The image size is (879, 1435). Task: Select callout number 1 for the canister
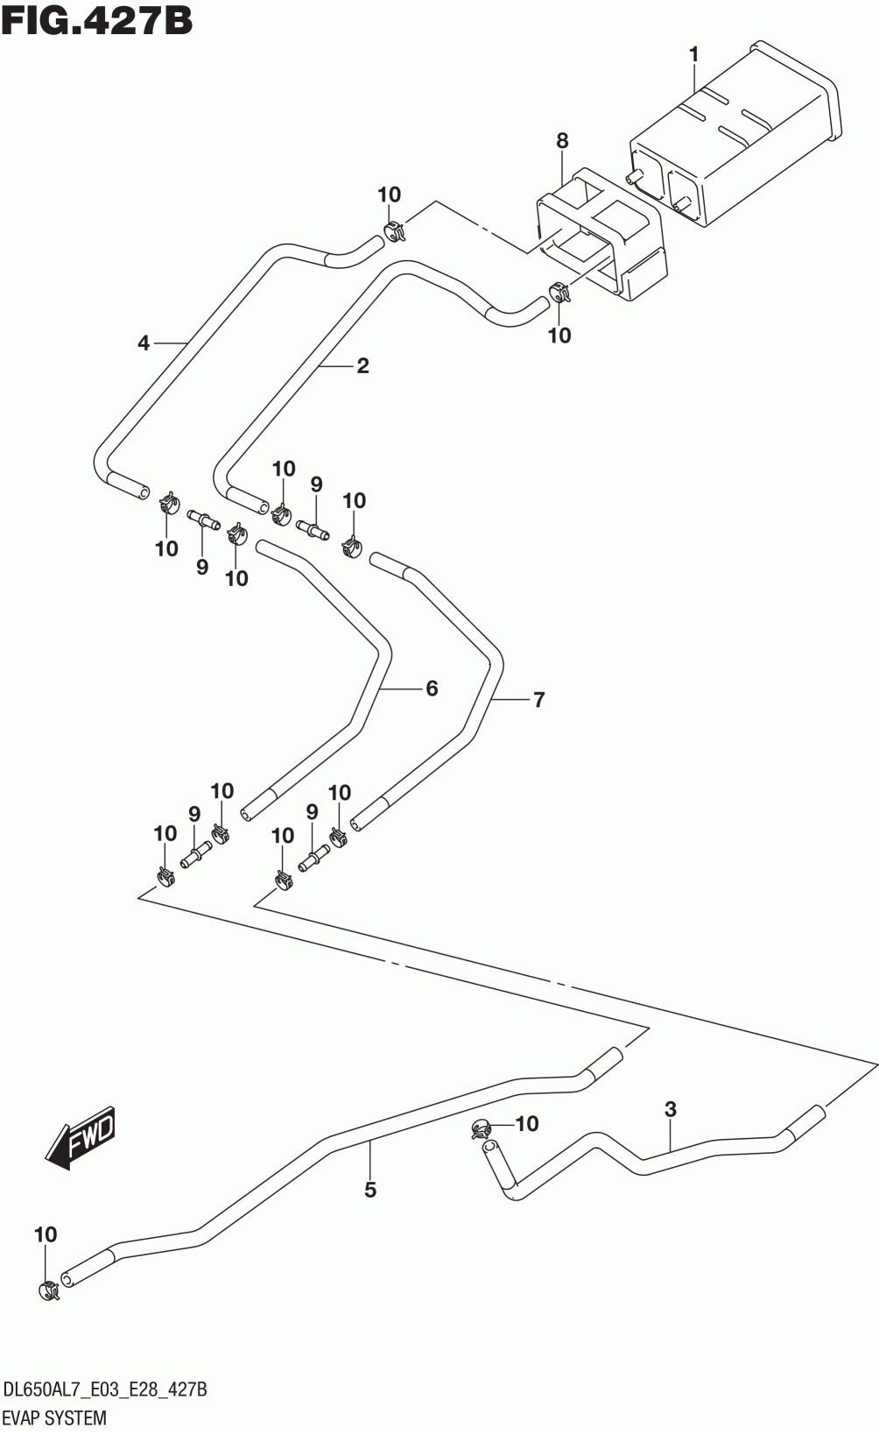pyautogui.click(x=694, y=55)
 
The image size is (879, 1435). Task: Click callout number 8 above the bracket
pyautogui.click(x=562, y=141)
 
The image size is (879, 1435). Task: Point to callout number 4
pyautogui.click(x=144, y=344)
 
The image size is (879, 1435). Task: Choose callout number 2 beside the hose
pyautogui.click(x=363, y=366)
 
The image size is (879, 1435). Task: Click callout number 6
pyautogui.click(x=432, y=689)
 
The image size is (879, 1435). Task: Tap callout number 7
pyautogui.click(x=538, y=700)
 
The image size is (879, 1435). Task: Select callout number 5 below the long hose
pyautogui.click(x=370, y=1191)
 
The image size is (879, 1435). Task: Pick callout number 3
pyautogui.click(x=671, y=1109)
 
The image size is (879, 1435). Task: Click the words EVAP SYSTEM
pyautogui.click(x=55, y=1417)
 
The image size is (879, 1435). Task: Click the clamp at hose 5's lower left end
pyautogui.click(x=49, y=1291)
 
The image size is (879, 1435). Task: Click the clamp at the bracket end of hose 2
pyautogui.click(x=559, y=292)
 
